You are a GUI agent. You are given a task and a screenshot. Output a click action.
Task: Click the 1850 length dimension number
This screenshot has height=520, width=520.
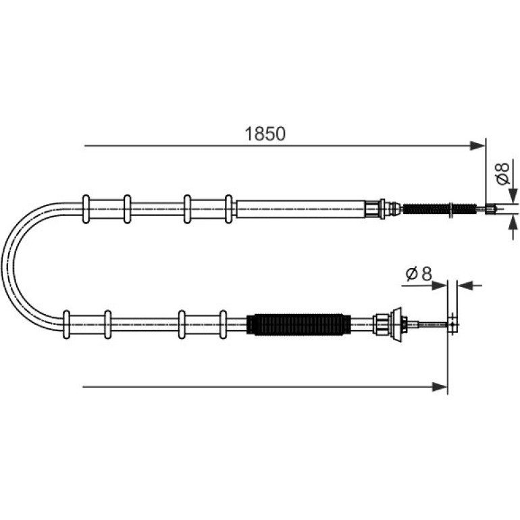(x=265, y=134)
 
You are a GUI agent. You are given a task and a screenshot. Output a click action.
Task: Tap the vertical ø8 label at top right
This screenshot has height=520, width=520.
(x=502, y=174)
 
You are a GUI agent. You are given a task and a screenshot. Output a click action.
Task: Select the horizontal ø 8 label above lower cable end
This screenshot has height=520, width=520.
(x=419, y=274)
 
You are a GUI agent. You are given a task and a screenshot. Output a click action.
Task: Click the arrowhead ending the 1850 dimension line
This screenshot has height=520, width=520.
(x=477, y=146)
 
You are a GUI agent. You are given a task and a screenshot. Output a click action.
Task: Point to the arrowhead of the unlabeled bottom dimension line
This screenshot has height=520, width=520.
(x=440, y=387)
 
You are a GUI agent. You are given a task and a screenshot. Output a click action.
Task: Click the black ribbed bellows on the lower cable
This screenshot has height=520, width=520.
(x=298, y=324)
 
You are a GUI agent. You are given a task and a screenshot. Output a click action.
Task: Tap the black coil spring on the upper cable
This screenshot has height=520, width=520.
(x=440, y=209)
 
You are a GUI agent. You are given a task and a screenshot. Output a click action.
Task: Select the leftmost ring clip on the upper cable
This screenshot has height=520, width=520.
(x=86, y=209)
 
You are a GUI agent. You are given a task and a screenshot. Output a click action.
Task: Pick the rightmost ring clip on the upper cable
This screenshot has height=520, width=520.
(x=228, y=209)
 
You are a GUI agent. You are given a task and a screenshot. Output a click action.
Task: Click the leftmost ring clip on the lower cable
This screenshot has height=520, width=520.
(x=67, y=324)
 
